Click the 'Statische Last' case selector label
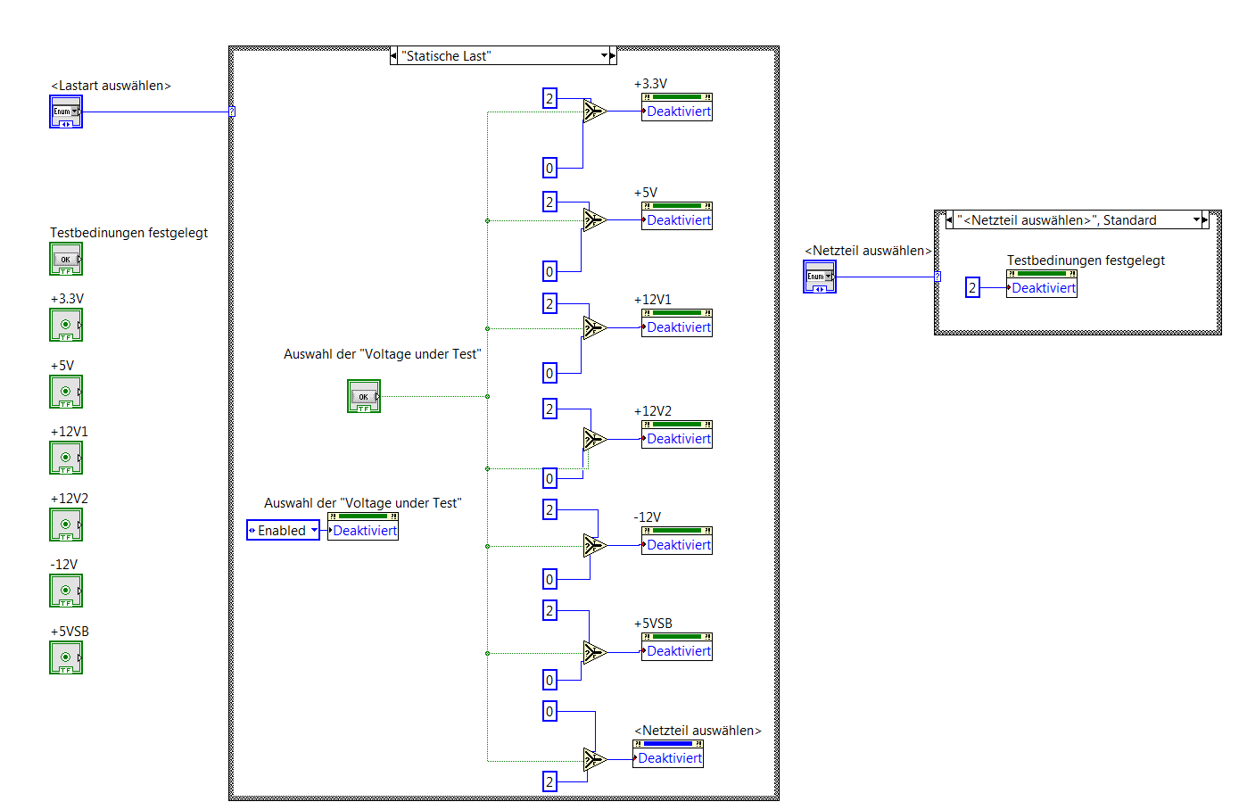tap(500, 56)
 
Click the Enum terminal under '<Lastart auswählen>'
tap(66, 112)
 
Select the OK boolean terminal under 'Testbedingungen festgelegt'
tap(66, 260)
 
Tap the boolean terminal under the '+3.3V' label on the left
tap(66, 326)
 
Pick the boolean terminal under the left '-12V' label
tap(66, 591)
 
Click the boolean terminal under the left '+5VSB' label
tap(66, 658)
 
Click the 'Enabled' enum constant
tap(283, 531)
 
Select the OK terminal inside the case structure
tap(364, 397)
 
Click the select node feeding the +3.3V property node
tap(595, 112)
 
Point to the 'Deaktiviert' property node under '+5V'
tap(677, 220)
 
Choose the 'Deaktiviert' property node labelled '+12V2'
tap(677, 439)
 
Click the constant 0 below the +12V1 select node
tap(549, 373)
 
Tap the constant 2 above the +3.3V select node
tap(549, 98)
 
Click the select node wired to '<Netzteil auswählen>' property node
tap(595, 760)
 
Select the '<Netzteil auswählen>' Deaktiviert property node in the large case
tap(668, 758)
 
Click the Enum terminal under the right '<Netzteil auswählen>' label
tap(820, 277)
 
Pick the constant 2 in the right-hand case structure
tap(972, 287)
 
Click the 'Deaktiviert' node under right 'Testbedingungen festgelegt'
tap(1042, 288)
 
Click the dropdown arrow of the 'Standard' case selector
tap(1197, 219)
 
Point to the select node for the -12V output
tap(595, 545)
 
